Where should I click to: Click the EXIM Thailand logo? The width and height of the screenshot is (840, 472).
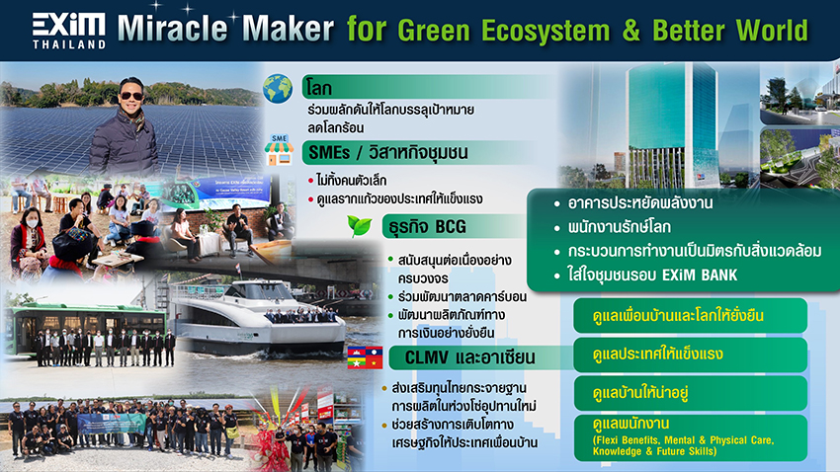[68, 32]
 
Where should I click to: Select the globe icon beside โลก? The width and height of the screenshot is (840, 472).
[278, 89]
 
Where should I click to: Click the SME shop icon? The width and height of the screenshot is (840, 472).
[279, 149]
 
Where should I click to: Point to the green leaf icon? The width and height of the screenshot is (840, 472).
[360, 225]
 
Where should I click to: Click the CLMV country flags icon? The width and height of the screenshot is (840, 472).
[365, 357]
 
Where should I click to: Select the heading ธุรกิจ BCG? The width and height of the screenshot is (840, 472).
[428, 227]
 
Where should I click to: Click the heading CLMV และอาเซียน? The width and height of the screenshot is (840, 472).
[469, 357]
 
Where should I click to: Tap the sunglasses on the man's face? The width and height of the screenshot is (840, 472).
[130, 97]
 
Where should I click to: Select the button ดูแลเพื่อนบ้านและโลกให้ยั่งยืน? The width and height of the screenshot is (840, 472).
[690, 316]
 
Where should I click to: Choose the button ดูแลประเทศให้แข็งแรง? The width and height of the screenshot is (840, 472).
[690, 354]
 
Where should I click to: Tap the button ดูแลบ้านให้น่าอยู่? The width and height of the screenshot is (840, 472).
[690, 393]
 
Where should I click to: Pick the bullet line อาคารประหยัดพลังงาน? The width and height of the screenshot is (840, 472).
[640, 203]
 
